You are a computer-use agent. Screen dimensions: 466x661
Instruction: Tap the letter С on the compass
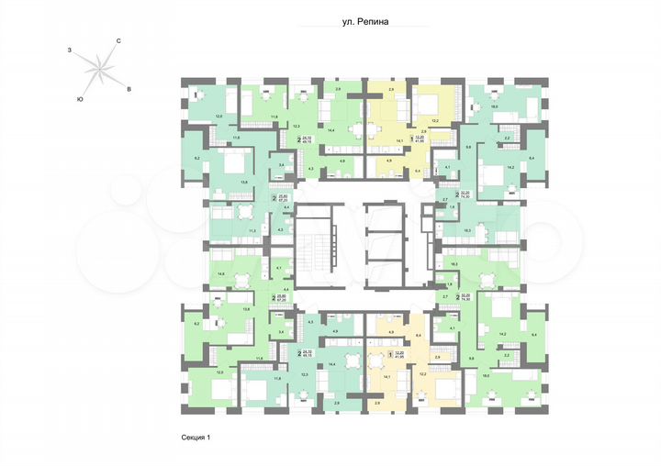[119, 41]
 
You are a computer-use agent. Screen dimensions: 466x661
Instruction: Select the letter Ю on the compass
[81, 98]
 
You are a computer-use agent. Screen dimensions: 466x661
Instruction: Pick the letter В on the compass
[129, 88]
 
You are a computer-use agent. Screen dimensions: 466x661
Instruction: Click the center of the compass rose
[99, 68]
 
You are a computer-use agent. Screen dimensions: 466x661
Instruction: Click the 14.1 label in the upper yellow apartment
[399, 140]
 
